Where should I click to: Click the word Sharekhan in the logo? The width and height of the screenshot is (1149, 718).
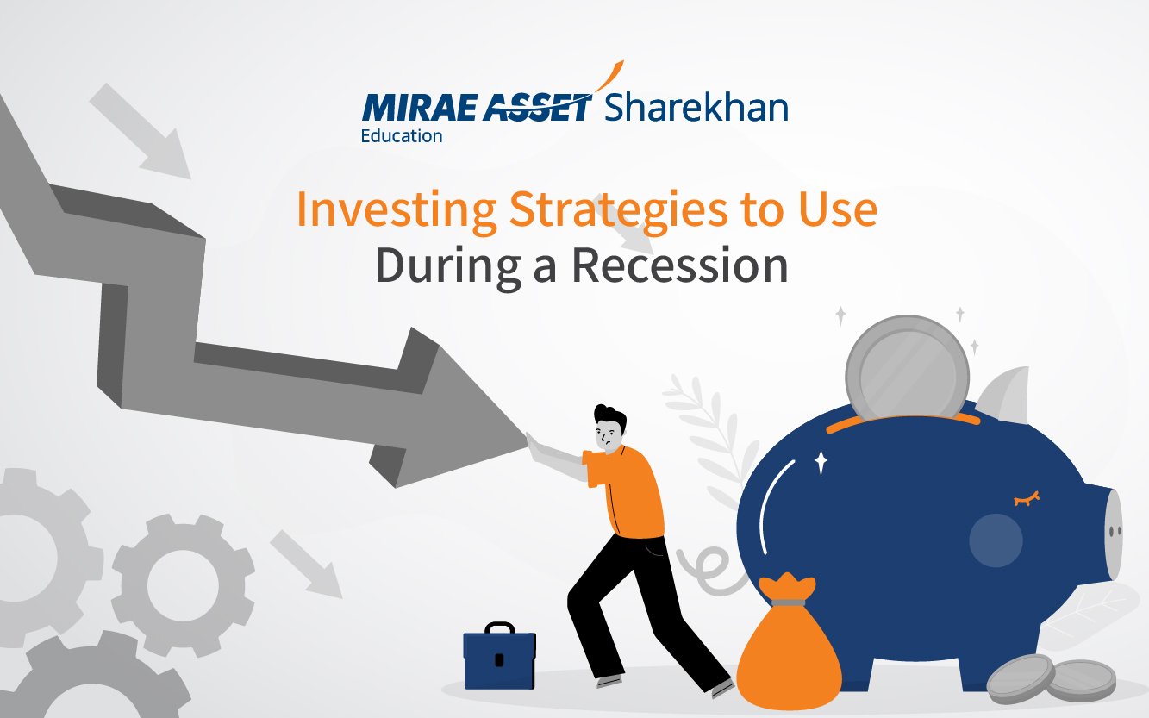coord(696,108)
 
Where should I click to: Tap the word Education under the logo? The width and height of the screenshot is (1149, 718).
coord(402,136)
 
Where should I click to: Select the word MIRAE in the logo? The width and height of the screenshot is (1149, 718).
coord(418,108)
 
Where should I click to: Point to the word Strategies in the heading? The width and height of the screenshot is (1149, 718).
coord(617,210)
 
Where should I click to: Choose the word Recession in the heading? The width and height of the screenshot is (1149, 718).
coord(680,265)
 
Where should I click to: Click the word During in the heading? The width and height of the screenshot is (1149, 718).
coord(448,266)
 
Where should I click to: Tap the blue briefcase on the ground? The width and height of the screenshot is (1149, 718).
coord(500,656)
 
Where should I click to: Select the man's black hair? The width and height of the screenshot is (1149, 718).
coord(610,416)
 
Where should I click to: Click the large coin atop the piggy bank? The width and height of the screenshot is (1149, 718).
coord(907,368)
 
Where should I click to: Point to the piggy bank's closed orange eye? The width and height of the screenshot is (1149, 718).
coord(1027,498)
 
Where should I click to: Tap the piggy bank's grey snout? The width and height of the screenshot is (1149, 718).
coord(1113,534)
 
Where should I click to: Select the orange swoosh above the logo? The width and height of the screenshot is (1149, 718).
coord(609,76)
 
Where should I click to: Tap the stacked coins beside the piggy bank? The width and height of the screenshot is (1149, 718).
coord(1051,678)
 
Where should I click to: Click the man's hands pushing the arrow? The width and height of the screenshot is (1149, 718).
coord(533,444)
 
